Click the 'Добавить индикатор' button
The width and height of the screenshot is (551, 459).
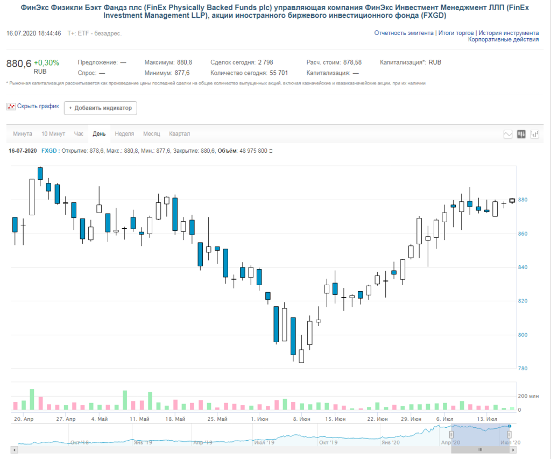pyautogui.click(x=100, y=108)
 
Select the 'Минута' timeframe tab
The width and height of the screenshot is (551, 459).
pyautogui.click(x=23, y=133)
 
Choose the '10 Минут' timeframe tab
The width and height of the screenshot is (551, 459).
pyautogui.click(x=53, y=133)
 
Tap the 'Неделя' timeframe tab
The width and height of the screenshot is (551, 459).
pyautogui.click(x=124, y=133)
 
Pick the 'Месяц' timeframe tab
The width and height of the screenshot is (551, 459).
pyautogui.click(x=151, y=133)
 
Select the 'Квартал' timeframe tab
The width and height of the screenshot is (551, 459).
pyautogui.click(x=179, y=133)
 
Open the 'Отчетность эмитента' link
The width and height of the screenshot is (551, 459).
pyautogui.click(x=404, y=33)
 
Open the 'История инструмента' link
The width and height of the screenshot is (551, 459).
pyautogui.click(x=508, y=33)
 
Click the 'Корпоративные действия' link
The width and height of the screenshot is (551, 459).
pyautogui.click(x=503, y=39)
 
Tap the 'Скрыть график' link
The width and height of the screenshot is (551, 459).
pyautogui.click(x=38, y=106)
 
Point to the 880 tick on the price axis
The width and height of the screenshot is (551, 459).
pyautogui.click(x=522, y=200)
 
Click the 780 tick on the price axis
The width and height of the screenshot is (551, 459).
pyautogui.click(x=522, y=369)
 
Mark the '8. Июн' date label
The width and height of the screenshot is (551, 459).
pyautogui.click(x=301, y=419)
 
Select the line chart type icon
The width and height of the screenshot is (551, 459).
pyautogui.click(x=507, y=134)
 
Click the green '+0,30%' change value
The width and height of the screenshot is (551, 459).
pyautogui.click(x=46, y=62)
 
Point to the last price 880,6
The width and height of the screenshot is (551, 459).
pyautogui.click(x=19, y=63)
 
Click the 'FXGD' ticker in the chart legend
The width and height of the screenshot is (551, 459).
pyautogui.click(x=48, y=151)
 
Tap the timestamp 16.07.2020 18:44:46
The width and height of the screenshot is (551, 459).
pyautogui.click(x=33, y=33)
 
